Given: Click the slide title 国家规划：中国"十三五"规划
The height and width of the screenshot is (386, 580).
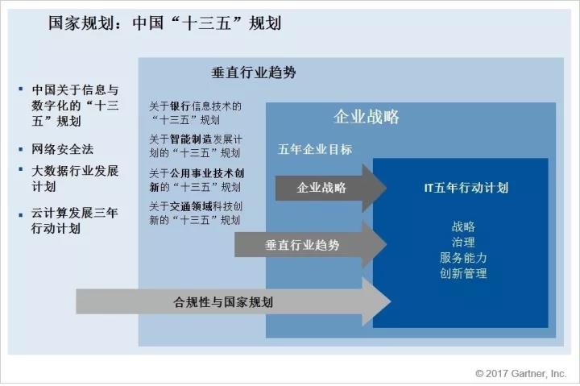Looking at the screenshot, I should tap(164, 23).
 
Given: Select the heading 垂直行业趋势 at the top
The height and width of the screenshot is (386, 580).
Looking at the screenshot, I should tap(254, 72).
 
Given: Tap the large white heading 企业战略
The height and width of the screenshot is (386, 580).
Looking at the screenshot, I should tap(367, 117).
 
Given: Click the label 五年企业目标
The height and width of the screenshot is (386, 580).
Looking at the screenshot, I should tap(315, 149).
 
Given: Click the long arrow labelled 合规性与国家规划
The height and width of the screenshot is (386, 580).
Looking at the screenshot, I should tap(226, 302).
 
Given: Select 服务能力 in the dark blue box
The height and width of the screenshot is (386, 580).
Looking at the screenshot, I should tap(463, 258).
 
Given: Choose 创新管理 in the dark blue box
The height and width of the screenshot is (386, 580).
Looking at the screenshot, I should tap(463, 273).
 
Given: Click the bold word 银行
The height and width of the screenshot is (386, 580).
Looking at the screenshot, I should tap(180, 106).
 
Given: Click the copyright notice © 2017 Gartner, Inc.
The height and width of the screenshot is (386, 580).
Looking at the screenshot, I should tap(520, 373).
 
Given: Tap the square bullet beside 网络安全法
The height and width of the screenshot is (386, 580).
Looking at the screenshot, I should tap(21, 148).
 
